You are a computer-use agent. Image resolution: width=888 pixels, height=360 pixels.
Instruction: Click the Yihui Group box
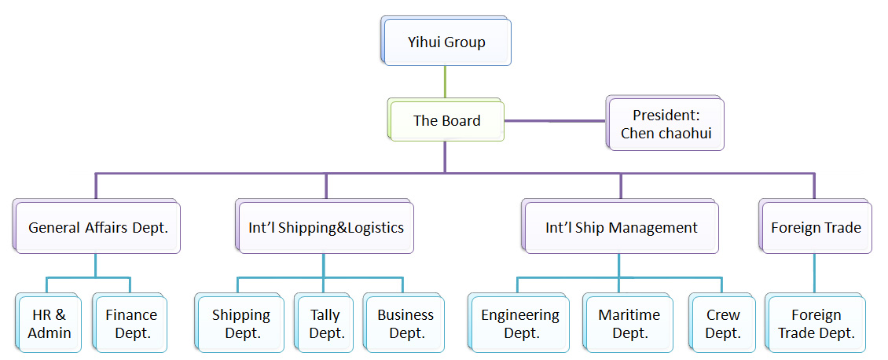tap(446, 42)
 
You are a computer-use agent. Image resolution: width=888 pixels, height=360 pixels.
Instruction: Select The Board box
tap(446, 121)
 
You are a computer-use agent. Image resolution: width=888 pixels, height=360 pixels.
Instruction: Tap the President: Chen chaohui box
tap(666, 124)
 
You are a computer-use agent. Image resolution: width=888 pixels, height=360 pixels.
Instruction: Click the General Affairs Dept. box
tap(99, 228)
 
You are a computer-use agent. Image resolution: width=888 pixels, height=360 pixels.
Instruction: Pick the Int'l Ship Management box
tap(622, 228)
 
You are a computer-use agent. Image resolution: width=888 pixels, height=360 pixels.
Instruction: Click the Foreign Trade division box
tap(816, 228)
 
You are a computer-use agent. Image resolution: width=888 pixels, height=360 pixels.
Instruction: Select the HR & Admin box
tap(50, 324)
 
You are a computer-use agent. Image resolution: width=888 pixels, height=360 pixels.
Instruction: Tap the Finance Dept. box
tap(131, 324)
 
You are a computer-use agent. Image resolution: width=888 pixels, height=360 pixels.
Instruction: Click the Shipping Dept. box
tap(241, 324)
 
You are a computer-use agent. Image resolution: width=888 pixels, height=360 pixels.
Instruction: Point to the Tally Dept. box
tap(326, 324)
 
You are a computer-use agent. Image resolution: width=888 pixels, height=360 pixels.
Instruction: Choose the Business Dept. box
tap(405, 324)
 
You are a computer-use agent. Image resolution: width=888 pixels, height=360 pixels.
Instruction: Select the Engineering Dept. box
tap(520, 324)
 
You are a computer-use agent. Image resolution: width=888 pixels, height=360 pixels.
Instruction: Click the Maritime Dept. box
tap(629, 324)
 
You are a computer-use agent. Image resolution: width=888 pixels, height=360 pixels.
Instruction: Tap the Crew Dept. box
tap(723, 324)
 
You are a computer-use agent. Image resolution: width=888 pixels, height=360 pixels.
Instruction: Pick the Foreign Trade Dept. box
tap(816, 324)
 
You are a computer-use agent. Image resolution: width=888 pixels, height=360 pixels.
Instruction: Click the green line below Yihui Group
tap(446, 82)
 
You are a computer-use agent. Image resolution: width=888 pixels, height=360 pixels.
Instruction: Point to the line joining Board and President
tap(554, 121)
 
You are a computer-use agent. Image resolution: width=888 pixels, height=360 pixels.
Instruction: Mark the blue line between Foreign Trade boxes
tap(814, 274)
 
